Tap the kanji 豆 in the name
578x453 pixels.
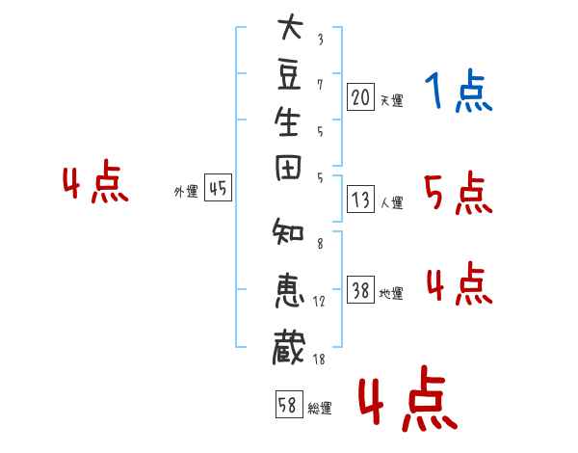[290, 80]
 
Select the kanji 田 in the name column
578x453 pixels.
[290, 177]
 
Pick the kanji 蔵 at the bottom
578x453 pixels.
[290, 346]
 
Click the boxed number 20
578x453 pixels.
[360, 96]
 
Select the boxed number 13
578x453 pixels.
[360, 200]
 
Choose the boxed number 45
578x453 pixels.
[218, 189]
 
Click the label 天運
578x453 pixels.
[392, 100]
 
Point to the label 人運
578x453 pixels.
[392, 203]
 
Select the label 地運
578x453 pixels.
[392, 294]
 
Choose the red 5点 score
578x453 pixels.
[459, 195]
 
